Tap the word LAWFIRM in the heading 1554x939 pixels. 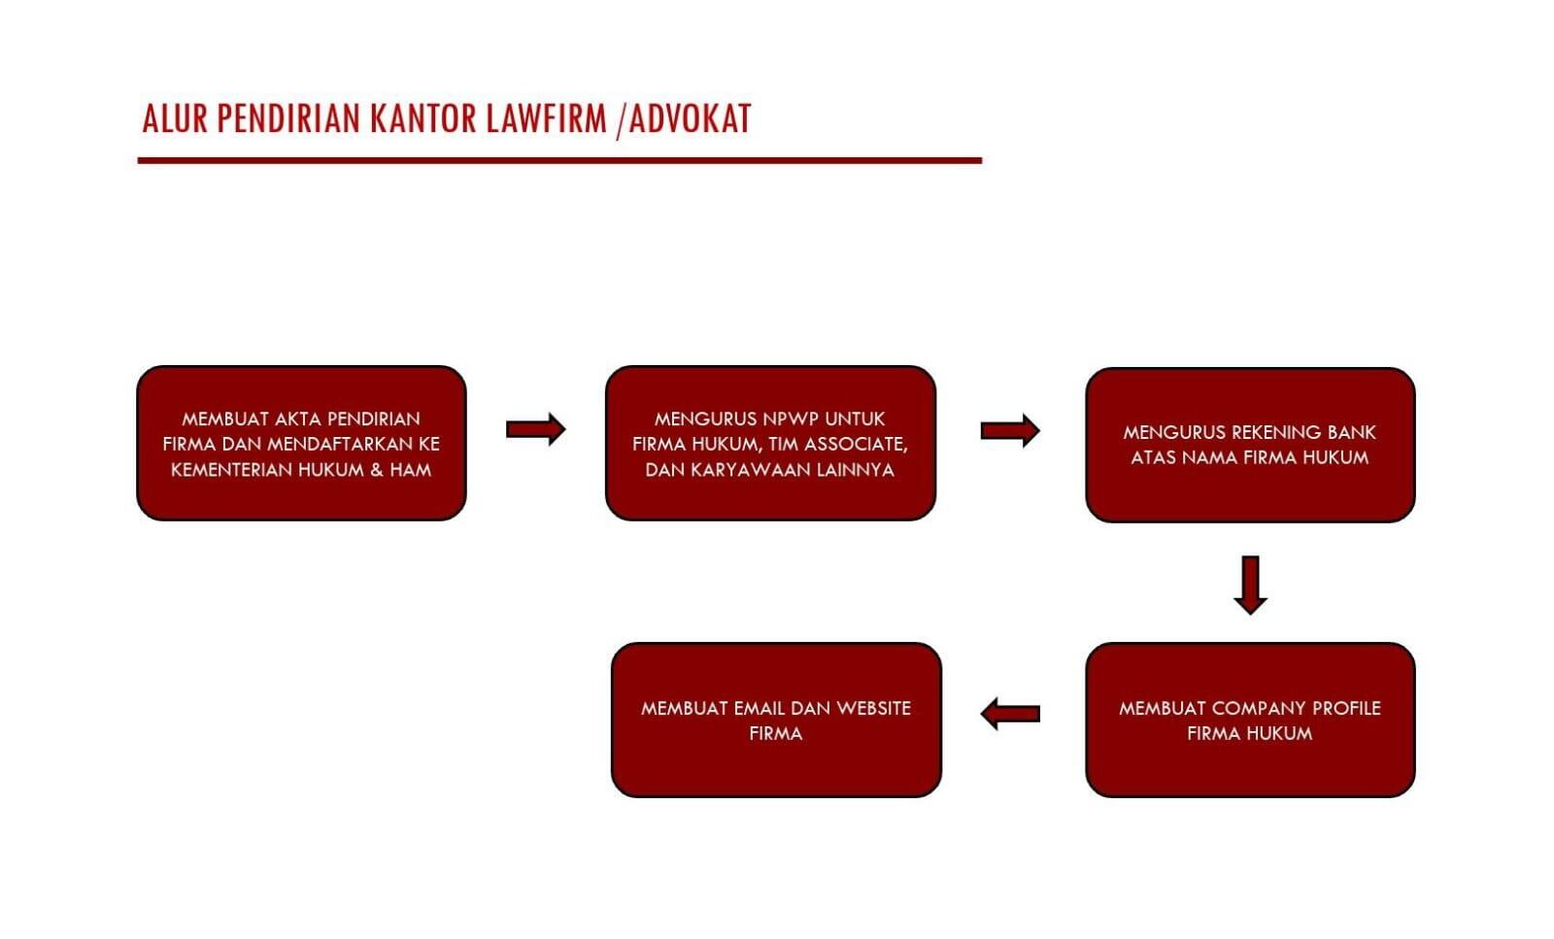pyautogui.click(x=547, y=118)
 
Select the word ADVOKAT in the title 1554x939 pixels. pyautogui.click(x=691, y=118)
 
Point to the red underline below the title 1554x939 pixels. pyautogui.click(x=559, y=161)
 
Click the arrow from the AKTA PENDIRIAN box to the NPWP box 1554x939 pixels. pyautogui.click(x=535, y=429)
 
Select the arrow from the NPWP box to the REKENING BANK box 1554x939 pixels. pyautogui.click(x=1010, y=431)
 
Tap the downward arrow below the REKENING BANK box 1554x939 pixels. pyautogui.click(x=1251, y=585)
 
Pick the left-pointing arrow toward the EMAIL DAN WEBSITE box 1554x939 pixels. pyautogui.click(x=1010, y=714)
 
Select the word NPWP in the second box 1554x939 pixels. pyautogui.click(x=791, y=419)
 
